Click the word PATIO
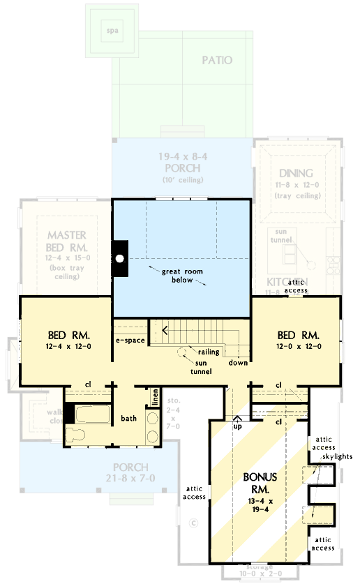click(x=217, y=60)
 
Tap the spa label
click(x=111, y=31)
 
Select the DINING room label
click(x=296, y=173)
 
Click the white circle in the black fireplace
click(x=120, y=258)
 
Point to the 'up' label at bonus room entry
click(x=237, y=426)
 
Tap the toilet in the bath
click(x=75, y=437)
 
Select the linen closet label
click(x=156, y=397)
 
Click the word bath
click(x=128, y=419)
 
